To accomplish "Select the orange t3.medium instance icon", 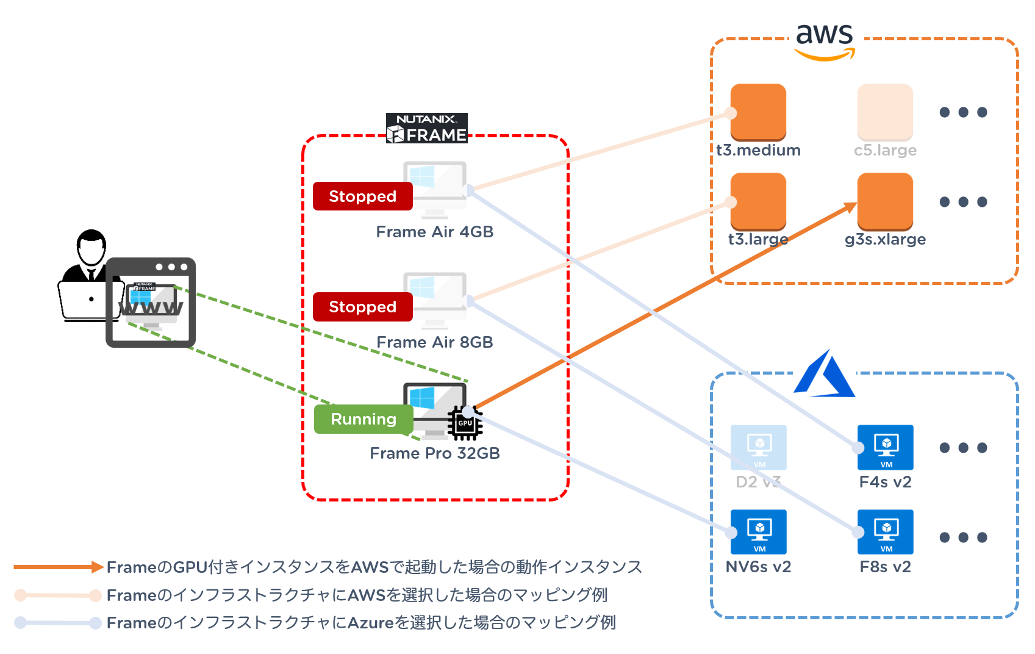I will pyautogui.click(x=758, y=112).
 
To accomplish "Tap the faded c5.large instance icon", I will pyautogui.click(x=885, y=112).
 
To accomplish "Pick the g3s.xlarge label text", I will pyautogui.click(x=885, y=239).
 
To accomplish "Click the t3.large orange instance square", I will pyautogui.click(x=758, y=201).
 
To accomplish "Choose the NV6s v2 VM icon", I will pyautogui.click(x=759, y=531).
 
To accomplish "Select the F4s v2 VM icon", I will pyautogui.click(x=886, y=447).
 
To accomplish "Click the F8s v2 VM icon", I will pyautogui.click(x=886, y=531).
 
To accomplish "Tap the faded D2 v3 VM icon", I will pyautogui.click(x=759, y=447).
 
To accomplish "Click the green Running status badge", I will pyautogui.click(x=364, y=419).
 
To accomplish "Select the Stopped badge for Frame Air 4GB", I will pyautogui.click(x=363, y=196).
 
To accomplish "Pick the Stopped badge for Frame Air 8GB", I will pyautogui.click(x=363, y=306).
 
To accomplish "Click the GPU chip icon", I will pyautogui.click(x=465, y=423).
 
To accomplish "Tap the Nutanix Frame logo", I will pyautogui.click(x=427, y=128).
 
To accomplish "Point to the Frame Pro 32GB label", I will pyautogui.click(x=435, y=453).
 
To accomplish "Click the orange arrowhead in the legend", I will pyautogui.click(x=97, y=567).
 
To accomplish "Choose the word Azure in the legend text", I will pyautogui.click(x=371, y=623).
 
